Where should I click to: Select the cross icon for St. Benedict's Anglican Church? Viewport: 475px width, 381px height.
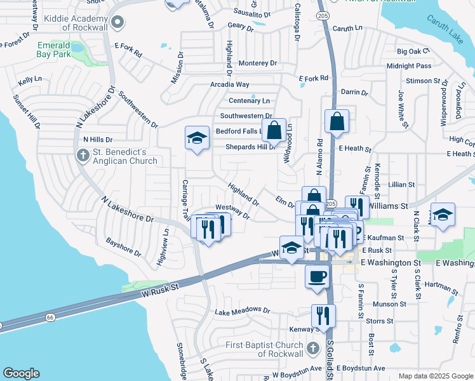pos(83,156)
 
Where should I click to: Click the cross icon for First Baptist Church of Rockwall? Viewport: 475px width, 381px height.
pos(312,348)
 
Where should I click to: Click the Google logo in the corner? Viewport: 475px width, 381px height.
pos(21,373)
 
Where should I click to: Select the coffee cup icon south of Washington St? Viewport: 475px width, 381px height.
pos(318,277)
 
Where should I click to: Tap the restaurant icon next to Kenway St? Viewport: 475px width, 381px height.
pos(323,315)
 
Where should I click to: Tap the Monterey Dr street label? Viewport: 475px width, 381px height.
pos(257,63)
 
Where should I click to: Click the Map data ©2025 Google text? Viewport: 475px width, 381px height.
pos(436,376)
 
